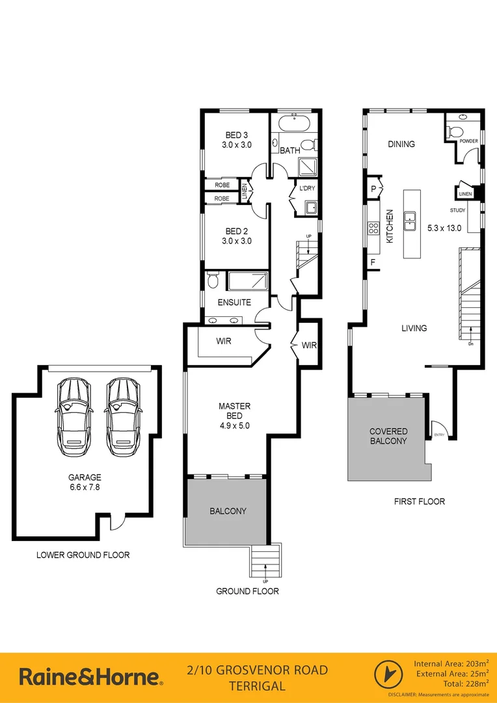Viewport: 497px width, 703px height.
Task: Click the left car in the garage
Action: point(75,417)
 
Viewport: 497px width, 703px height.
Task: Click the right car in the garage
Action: point(123,417)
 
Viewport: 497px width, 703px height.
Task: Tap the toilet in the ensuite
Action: point(213,282)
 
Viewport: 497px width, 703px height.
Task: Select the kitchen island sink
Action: point(410,221)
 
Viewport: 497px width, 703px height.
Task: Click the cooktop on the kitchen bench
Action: point(374,228)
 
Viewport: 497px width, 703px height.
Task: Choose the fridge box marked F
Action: point(373,262)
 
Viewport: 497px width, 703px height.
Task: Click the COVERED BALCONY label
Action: point(388,436)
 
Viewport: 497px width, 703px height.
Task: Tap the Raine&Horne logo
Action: point(90,676)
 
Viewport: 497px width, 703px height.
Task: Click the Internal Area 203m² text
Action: point(450,663)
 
